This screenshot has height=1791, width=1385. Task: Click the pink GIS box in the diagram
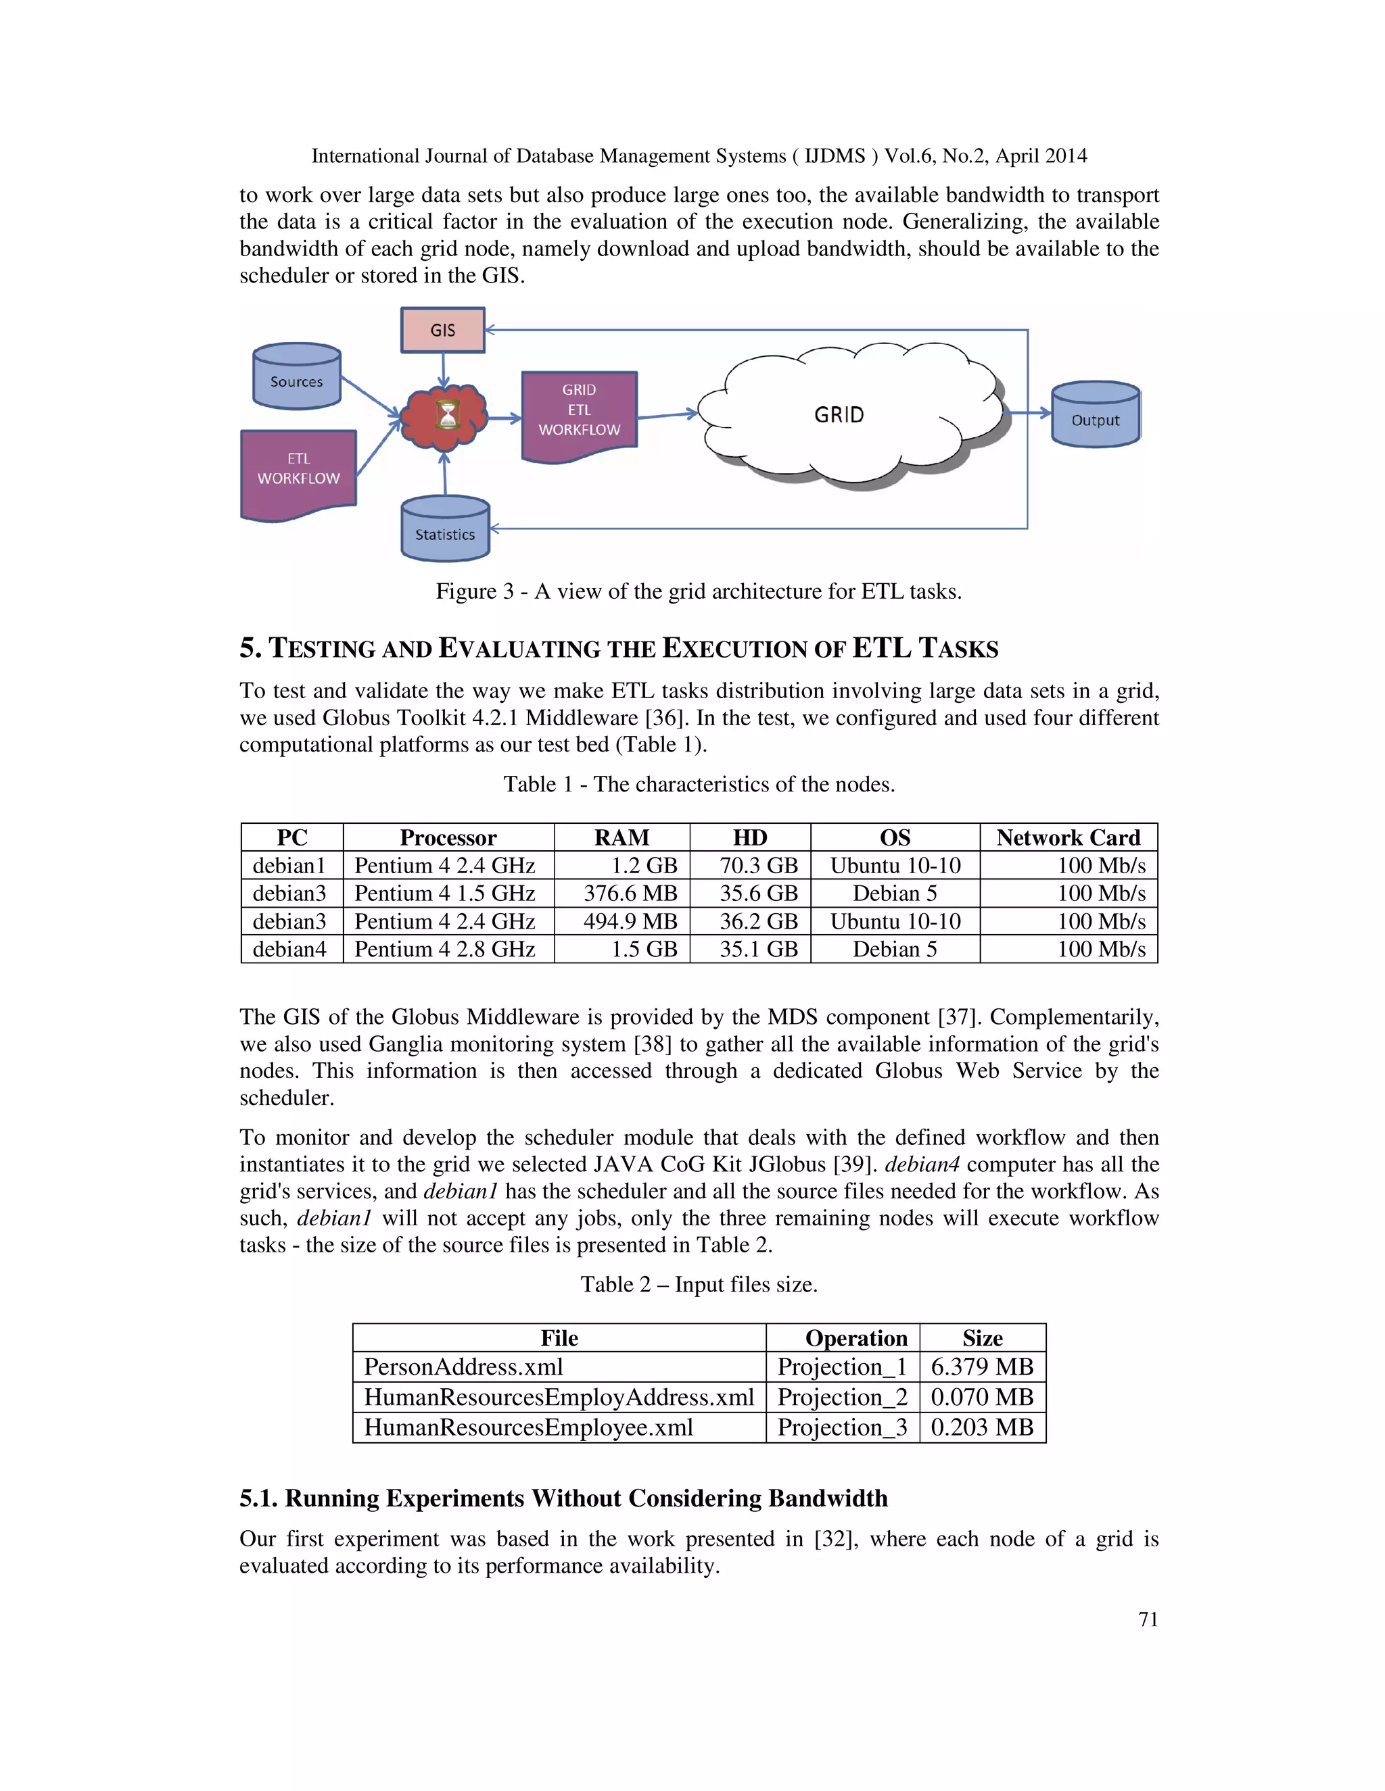pos(442,330)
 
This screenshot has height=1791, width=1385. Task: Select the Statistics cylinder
pos(445,531)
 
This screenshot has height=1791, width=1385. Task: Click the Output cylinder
pos(1095,416)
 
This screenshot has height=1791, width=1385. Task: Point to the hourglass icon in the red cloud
pos(447,415)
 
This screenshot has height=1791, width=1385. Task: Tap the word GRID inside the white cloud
pos(839,415)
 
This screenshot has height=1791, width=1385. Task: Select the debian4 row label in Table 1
pos(289,949)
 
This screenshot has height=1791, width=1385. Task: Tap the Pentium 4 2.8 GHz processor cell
pos(445,949)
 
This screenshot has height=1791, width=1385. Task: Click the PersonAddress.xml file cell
pos(463,1366)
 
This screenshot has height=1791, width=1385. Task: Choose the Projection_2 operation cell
pos(842,1396)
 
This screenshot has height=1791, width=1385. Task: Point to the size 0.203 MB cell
pos(981,1427)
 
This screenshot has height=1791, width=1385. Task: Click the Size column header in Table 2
pos(982,1338)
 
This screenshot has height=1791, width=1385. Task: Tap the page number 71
pos(1148,1619)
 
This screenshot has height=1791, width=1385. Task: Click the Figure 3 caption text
pos(698,591)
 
